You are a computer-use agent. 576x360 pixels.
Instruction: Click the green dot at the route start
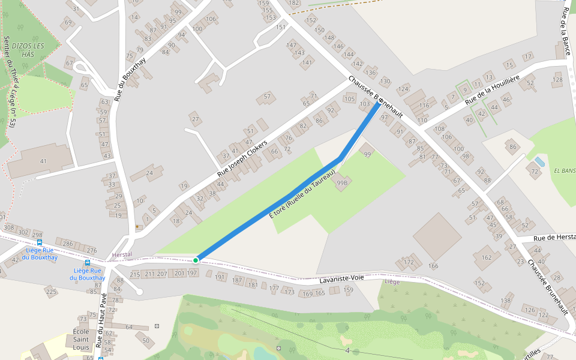[196, 260]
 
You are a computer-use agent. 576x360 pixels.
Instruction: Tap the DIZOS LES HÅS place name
[28, 50]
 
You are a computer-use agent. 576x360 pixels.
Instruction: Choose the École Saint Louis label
[81, 339]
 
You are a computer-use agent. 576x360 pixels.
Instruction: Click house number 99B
[343, 182]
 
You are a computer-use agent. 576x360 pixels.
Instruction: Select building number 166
[434, 265]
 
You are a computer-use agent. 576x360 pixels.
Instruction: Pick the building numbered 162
[486, 257]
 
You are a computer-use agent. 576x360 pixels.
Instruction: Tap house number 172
[409, 262]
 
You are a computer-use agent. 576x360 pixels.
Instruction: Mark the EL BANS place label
[565, 170]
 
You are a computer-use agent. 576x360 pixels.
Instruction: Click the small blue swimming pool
[539, 161]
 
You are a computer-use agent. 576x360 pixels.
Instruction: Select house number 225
[51, 292]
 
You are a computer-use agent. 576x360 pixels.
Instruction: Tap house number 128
[558, 79]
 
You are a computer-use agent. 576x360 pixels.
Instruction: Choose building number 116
[424, 106]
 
